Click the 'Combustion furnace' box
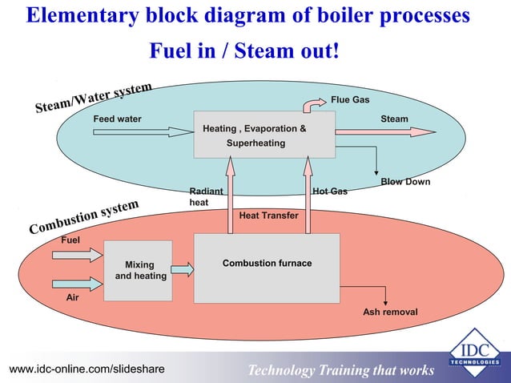(267, 268)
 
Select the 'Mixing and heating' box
(138, 270)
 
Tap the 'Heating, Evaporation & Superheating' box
(264, 135)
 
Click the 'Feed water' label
(118, 119)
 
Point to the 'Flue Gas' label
(350, 100)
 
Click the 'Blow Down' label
(405, 182)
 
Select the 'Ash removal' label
(390, 312)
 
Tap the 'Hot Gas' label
(329, 192)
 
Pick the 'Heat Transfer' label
(268, 216)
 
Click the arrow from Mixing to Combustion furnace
(183, 270)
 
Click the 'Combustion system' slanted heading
(84, 217)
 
